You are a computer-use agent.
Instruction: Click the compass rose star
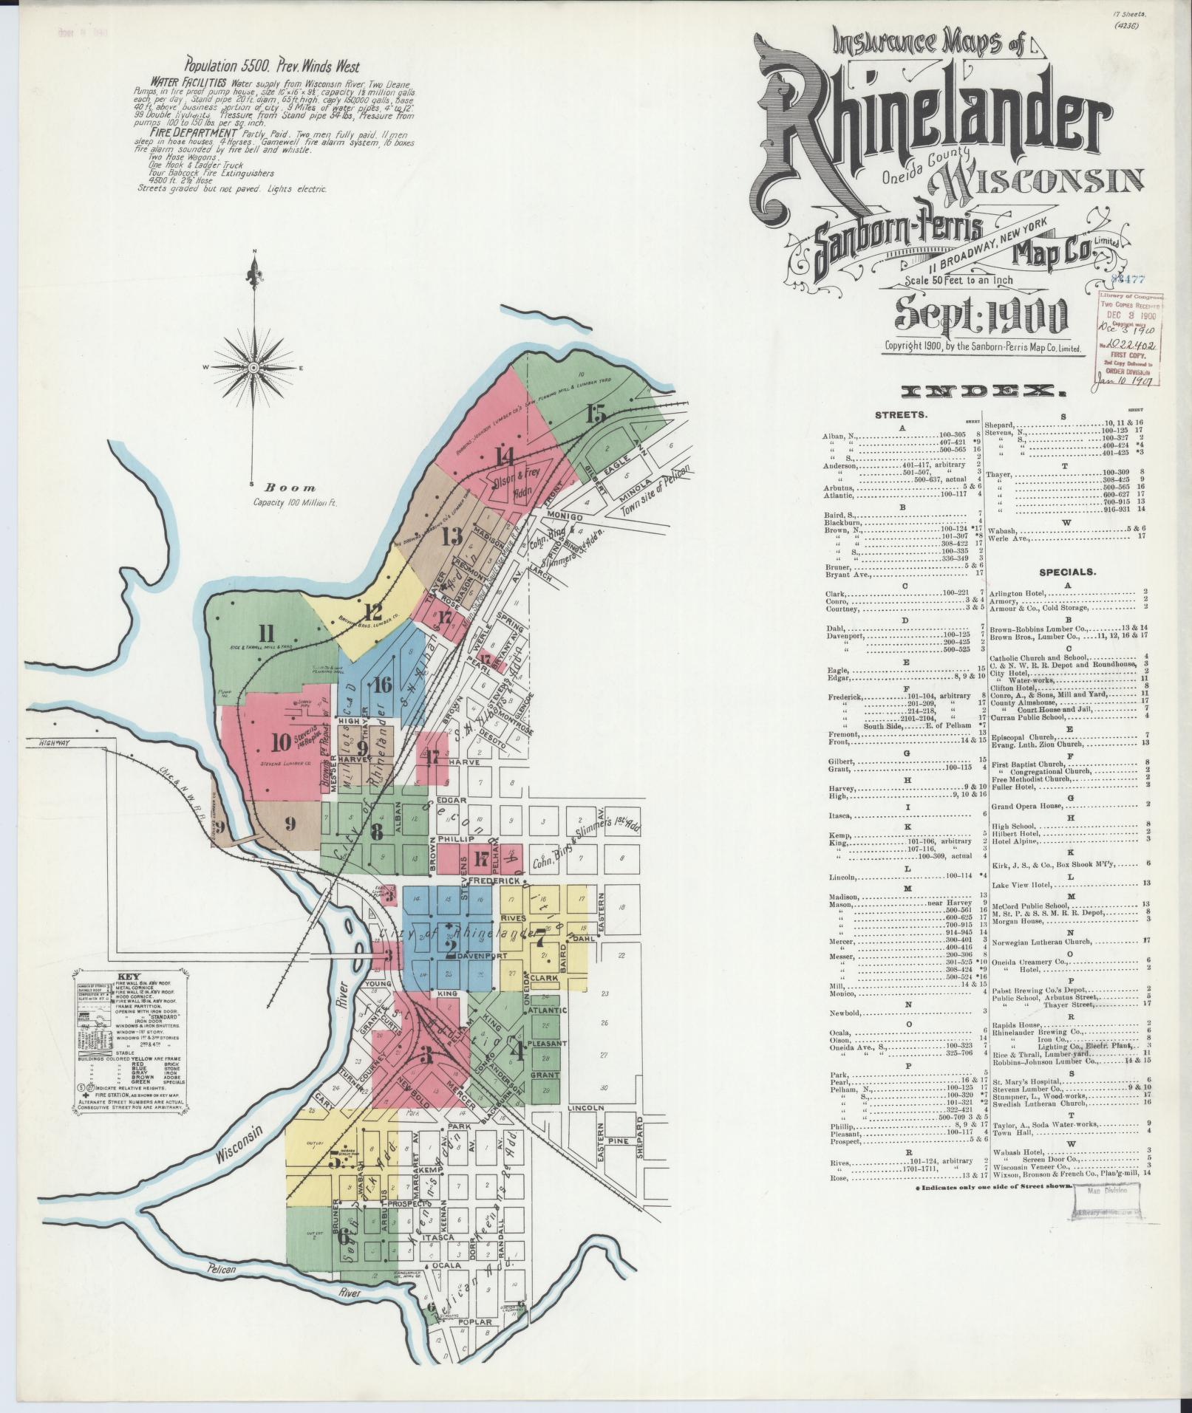pyautogui.click(x=254, y=367)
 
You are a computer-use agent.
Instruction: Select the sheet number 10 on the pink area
pyautogui.click(x=282, y=741)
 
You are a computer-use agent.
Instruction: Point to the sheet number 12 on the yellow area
pyautogui.click(x=372, y=612)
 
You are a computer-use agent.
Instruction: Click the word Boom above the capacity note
pyautogui.click(x=290, y=487)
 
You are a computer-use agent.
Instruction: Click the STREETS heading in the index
pyautogui.click(x=900, y=415)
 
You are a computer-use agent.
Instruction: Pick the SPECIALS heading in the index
pyautogui.click(x=1067, y=572)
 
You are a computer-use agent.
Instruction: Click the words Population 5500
pyautogui.click(x=224, y=64)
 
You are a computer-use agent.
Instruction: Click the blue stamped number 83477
pyautogui.click(x=1128, y=278)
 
